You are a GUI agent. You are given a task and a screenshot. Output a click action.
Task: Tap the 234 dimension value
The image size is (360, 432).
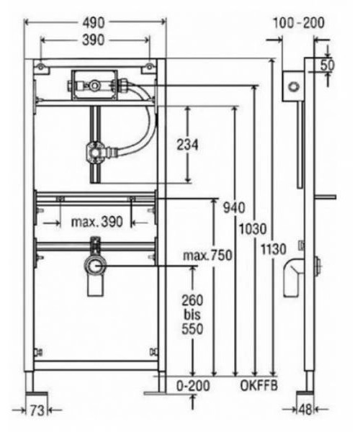click(189, 144)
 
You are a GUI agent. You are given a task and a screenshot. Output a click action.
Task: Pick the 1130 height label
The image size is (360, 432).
click(274, 248)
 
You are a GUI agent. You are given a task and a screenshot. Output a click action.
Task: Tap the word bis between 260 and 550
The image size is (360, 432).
click(192, 315)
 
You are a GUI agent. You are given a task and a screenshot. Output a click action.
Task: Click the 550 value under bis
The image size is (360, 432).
click(192, 329)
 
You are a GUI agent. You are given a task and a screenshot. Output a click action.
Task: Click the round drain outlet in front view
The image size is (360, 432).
click(94, 266)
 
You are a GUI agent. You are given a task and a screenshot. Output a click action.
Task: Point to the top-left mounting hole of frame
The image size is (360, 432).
click(41, 67)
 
